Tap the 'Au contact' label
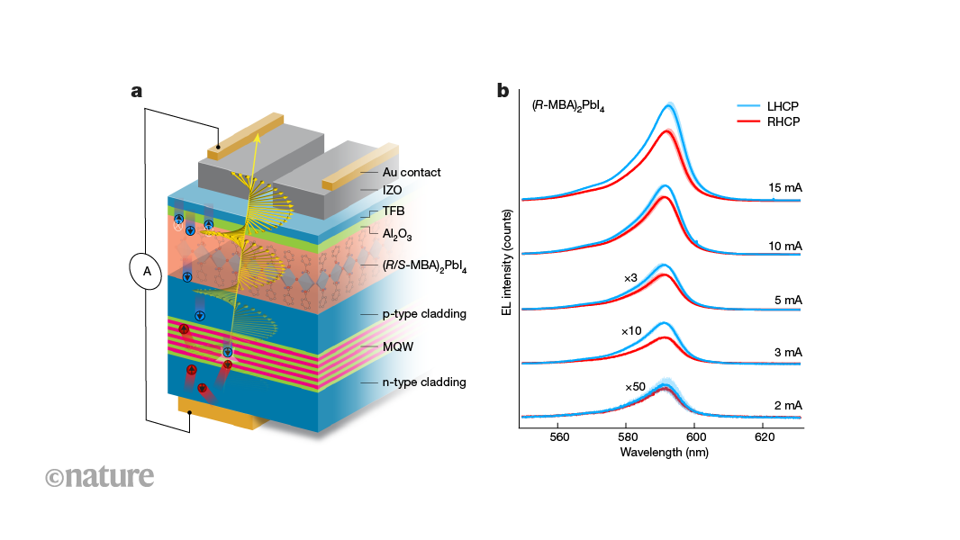coord(412,173)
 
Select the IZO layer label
coord(393,190)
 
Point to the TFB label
coord(394,211)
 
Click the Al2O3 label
coord(397,234)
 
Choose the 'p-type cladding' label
coord(424,314)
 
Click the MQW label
coord(398,346)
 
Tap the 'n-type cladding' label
coord(424,382)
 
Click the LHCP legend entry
coord(768,106)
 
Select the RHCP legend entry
coord(768,121)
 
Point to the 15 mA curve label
coord(785,188)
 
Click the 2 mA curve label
coord(788,406)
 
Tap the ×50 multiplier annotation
coord(635,386)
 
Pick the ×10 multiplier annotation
coord(631,331)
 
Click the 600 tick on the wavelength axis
coord(696,437)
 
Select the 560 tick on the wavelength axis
coord(559,437)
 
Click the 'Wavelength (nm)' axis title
coord(665,453)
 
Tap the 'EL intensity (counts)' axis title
coord(506,263)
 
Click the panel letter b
coord(503,91)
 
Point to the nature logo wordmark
coord(100,476)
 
